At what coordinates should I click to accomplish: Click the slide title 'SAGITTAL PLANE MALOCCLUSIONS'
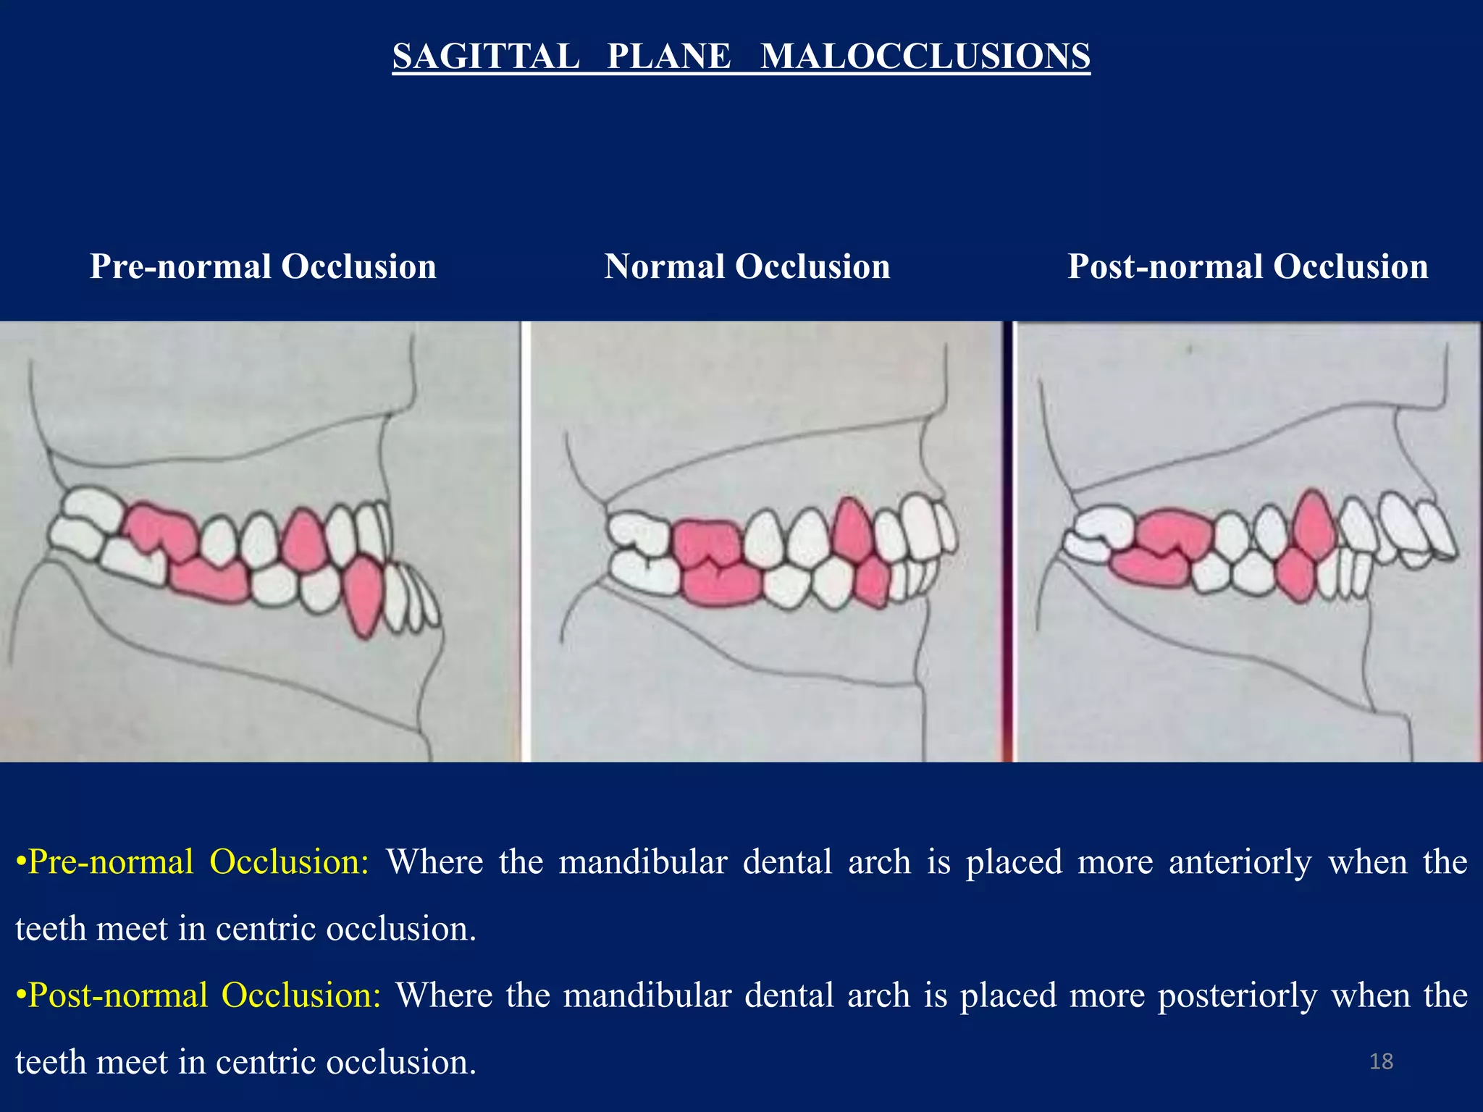pos(741,56)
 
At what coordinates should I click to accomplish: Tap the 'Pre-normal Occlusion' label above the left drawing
pos(263,266)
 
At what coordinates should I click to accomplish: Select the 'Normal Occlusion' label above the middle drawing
pos(747,266)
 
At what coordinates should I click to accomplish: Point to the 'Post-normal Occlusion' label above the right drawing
pos(1248,266)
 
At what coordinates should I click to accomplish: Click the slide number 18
pos(1381,1061)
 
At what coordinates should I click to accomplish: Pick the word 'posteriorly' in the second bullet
pos(1237,995)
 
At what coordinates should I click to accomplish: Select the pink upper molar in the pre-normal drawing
pos(161,532)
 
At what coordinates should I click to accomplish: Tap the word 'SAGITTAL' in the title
pos(486,56)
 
